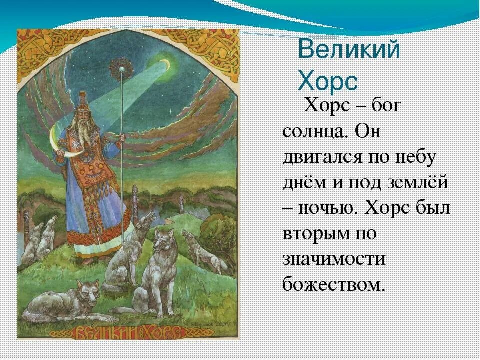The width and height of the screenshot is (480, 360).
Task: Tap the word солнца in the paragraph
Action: pyautogui.click(x=314, y=132)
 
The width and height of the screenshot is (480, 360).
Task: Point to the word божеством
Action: pyautogui.click(x=334, y=284)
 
